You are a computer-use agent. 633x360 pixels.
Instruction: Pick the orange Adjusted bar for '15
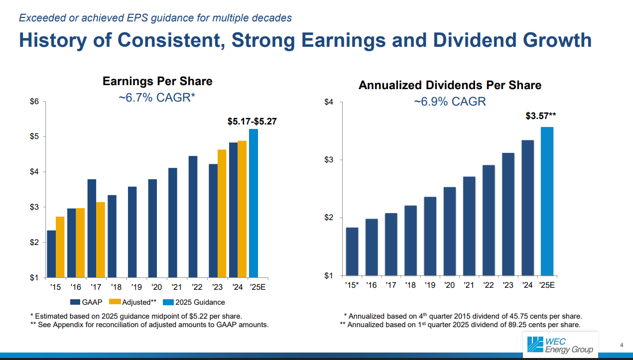click(60, 246)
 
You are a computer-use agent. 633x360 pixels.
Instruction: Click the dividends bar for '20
click(449, 231)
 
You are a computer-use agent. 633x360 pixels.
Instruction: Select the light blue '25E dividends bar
click(547, 201)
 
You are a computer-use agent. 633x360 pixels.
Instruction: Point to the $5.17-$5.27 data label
click(252, 121)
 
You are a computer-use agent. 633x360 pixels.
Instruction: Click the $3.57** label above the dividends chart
click(541, 116)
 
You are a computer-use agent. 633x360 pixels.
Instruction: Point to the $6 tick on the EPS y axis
click(34, 102)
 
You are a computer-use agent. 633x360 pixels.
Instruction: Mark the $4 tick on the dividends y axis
click(328, 102)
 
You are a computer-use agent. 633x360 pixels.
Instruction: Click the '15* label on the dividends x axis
click(352, 285)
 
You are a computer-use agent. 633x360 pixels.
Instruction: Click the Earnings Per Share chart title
click(157, 81)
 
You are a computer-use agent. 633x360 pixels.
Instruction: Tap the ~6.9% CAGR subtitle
click(450, 102)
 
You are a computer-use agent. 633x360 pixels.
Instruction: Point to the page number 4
click(622, 345)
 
